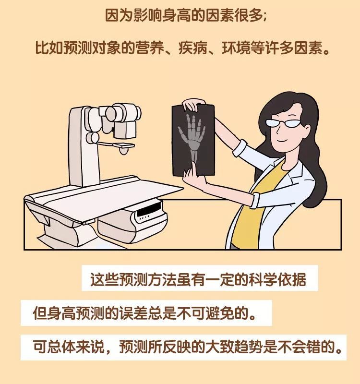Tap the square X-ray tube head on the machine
coord(125,130)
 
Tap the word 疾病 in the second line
coord(193,48)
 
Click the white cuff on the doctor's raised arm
coord(240,149)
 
